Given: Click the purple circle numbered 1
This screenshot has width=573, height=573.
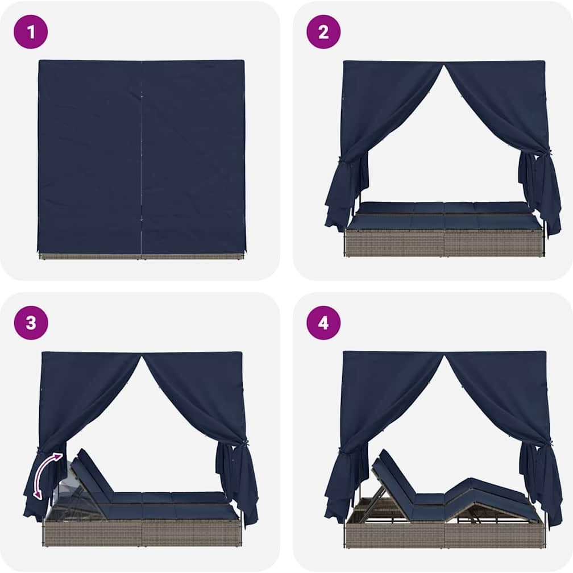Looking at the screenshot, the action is click(31, 32).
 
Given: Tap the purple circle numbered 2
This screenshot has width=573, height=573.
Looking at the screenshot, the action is click(323, 32).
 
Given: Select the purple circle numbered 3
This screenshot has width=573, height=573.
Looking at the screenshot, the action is click(31, 323).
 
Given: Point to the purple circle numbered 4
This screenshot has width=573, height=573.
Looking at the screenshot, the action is click(323, 323).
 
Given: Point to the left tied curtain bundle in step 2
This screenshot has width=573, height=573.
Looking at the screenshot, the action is click(346, 190).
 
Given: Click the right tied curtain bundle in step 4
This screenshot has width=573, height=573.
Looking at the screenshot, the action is click(540, 483).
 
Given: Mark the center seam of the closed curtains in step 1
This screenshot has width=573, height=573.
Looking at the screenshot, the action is click(141, 157).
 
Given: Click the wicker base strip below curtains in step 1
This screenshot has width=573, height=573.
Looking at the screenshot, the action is click(141, 256).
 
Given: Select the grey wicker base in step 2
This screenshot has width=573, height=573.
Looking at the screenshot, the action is click(445, 242).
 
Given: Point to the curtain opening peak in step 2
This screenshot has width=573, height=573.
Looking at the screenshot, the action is click(443, 66).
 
